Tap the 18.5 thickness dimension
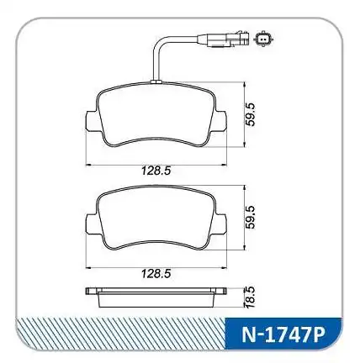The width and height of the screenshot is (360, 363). click(x=249, y=296)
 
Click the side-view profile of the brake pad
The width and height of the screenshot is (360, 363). click(x=156, y=296)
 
